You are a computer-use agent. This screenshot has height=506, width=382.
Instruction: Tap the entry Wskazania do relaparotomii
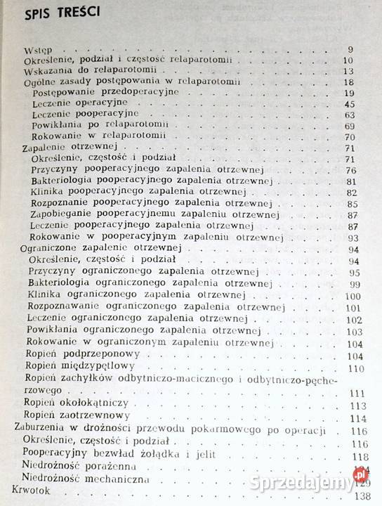coord(77,72)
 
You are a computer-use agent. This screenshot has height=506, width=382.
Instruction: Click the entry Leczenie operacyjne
coord(75,103)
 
